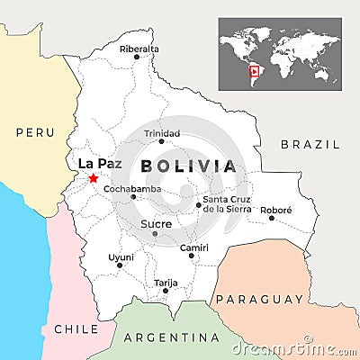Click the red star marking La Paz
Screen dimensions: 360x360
(94, 178)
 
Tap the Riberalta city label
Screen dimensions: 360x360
(139, 48)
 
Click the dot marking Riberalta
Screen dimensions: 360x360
(137, 57)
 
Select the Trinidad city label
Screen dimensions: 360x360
(162, 132)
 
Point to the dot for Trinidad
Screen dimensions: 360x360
(162, 141)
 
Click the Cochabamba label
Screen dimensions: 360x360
(132, 188)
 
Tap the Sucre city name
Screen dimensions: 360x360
(156, 222)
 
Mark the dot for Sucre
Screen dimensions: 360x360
(155, 233)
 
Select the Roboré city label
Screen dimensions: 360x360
(276, 209)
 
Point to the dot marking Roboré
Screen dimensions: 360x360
(272, 218)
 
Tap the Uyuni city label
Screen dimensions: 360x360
(121, 256)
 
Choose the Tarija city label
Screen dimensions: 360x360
(166, 282)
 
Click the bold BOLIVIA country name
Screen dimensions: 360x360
(188, 166)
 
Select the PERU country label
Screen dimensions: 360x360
(35, 132)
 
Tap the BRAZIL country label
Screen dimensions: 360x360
(310, 144)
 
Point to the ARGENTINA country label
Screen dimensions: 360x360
(171, 337)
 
